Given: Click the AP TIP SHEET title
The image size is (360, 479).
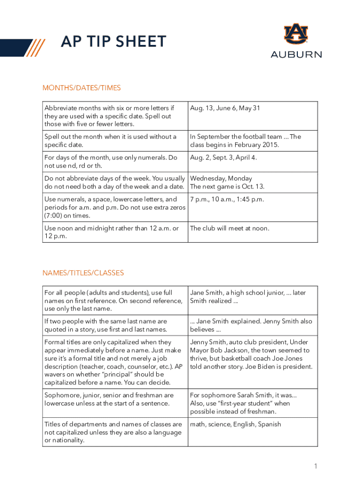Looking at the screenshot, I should (x=114, y=42).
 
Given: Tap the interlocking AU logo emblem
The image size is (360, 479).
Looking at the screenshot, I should (x=296, y=34).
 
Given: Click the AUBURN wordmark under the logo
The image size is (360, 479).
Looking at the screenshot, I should (x=296, y=54).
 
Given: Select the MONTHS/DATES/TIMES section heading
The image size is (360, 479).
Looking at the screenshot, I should (x=81, y=87).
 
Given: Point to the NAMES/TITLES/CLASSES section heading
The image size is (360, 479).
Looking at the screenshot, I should (x=83, y=273).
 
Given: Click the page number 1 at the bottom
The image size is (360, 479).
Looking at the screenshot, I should (x=316, y=466).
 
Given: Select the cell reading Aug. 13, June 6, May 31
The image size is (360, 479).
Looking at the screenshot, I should (x=225, y=109).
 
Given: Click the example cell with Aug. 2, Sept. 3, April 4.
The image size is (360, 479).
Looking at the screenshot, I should (x=223, y=158).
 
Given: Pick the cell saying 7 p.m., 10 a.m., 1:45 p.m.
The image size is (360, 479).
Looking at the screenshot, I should (x=227, y=200).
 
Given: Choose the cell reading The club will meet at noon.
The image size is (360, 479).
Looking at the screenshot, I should (x=229, y=228).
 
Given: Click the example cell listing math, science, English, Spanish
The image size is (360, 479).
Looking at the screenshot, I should (x=236, y=424).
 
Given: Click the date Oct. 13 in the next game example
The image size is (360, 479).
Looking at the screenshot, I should (x=252, y=187).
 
